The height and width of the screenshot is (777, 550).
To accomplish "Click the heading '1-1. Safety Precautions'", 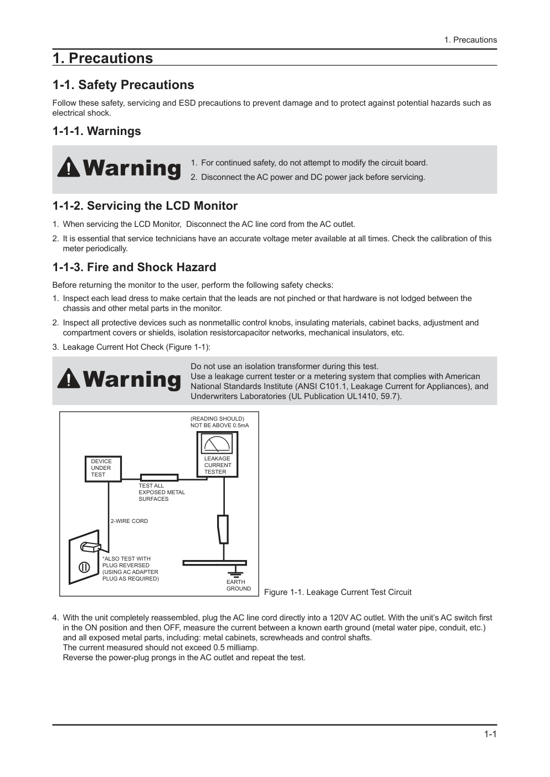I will pyautogui.click(x=123, y=85).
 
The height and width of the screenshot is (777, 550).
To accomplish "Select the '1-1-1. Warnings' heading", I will pyautogui.click(x=96, y=131).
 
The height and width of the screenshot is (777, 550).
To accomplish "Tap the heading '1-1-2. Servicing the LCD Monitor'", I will pyautogui.click(x=145, y=206).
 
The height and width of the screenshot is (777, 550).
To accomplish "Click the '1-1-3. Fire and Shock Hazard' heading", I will pyautogui.click(x=134, y=267).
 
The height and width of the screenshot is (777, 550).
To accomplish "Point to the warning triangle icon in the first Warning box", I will pyautogui.click(x=68, y=167).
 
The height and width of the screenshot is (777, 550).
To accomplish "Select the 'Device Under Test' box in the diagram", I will pyautogui.click(x=103, y=468).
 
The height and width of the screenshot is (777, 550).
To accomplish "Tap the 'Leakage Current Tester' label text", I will pyautogui.click(x=217, y=465).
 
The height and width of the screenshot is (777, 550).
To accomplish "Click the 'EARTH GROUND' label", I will pyautogui.click(x=238, y=586).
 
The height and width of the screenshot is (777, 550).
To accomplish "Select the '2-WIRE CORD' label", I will pyautogui.click(x=129, y=521).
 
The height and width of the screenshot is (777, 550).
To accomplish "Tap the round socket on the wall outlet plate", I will pyautogui.click(x=84, y=567).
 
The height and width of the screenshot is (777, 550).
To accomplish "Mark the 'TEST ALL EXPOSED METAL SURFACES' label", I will pyautogui.click(x=161, y=493).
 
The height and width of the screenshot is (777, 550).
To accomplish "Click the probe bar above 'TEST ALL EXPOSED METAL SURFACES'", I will pyautogui.click(x=159, y=478).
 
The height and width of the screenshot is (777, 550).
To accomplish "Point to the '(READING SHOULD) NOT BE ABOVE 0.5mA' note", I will pyautogui.click(x=219, y=422).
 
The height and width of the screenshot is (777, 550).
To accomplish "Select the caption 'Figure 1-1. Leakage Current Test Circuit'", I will pyautogui.click(x=337, y=592).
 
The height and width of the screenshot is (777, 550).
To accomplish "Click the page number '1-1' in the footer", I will pyautogui.click(x=490, y=734).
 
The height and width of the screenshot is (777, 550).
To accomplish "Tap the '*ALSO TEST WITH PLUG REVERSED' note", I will pyautogui.click(x=131, y=569).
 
